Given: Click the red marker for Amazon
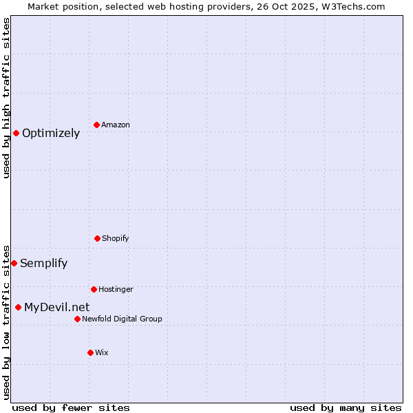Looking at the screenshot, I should (x=97, y=125).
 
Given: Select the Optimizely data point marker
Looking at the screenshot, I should (x=16, y=133).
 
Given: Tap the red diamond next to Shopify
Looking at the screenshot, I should (x=97, y=238).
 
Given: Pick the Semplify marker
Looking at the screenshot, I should (x=14, y=263).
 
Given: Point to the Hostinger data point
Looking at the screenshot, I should (x=94, y=289).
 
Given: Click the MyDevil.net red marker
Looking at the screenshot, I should (x=18, y=307).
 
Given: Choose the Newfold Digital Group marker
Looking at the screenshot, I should (x=77, y=319).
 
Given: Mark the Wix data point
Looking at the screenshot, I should (x=90, y=352).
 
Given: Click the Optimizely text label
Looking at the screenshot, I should (x=51, y=134).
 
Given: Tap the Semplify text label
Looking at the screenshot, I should (x=44, y=264).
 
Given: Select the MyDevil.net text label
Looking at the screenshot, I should (x=56, y=308).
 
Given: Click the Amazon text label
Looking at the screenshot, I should (x=116, y=125).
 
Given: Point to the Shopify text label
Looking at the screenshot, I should (x=116, y=239).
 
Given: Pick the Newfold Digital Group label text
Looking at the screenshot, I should (x=123, y=319).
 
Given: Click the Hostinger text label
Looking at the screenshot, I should (x=116, y=290).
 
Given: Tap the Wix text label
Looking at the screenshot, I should (x=102, y=353).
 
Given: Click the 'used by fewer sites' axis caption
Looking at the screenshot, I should (x=71, y=408).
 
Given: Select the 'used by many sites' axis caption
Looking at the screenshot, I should (x=346, y=408).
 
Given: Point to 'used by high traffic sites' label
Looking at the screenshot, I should (x=6, y=98).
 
